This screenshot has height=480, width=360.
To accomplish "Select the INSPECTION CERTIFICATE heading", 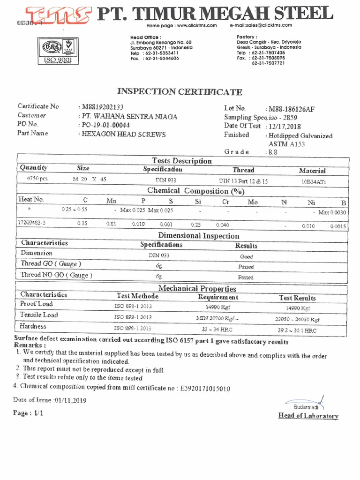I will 180,92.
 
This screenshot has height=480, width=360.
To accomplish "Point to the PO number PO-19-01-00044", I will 105,125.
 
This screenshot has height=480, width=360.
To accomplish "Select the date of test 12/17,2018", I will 285,126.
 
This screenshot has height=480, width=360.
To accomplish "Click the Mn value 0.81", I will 111,224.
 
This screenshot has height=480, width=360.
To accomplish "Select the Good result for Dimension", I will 246,256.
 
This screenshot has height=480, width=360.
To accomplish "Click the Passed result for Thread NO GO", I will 246,277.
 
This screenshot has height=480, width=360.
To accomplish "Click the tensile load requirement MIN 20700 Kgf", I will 215,318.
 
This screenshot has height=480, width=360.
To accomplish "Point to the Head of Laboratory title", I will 308,416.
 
